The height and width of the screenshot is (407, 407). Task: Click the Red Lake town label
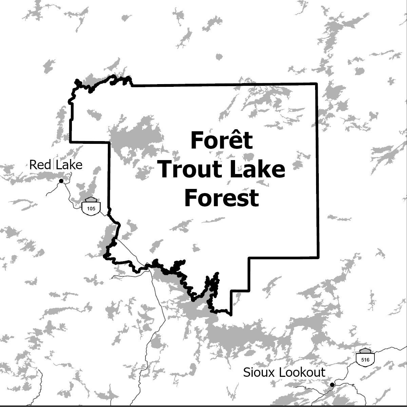coord(56,165)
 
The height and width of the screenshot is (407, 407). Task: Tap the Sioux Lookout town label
coord(284,372)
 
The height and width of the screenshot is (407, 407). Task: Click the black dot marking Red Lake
coord(61,181)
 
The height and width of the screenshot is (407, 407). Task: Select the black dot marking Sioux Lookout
coord(332,385)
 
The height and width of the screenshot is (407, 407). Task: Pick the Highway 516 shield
coord(365,357)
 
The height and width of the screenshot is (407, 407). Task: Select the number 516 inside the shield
coord(365,360)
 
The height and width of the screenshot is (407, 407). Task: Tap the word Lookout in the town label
coord(298,372)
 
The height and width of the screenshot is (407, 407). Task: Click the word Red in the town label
coord(40,165)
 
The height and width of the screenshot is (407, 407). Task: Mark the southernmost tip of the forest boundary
coord(231,315)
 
